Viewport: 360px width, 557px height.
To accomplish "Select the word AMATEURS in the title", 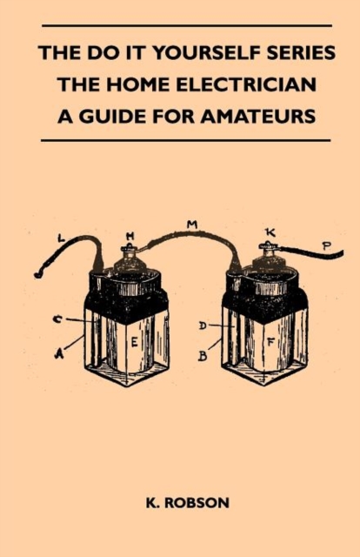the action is pos(257,116).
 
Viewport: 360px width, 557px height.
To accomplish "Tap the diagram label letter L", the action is pos(62,238).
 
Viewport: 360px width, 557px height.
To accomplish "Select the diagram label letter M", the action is pos(192,225).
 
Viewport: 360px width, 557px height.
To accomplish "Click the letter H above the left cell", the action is pos(130,235).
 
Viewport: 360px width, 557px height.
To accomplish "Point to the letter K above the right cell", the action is pos(270,232).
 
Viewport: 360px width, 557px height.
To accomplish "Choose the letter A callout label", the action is pos(59,353).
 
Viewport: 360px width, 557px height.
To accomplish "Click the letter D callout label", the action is pos(203,325).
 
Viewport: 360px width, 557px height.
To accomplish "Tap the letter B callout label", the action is pos(203,356).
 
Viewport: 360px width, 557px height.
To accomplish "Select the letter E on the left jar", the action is pos(135,342).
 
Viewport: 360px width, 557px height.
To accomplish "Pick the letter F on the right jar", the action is pos(271,342).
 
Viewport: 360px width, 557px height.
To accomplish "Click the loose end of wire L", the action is pos(36,275).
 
